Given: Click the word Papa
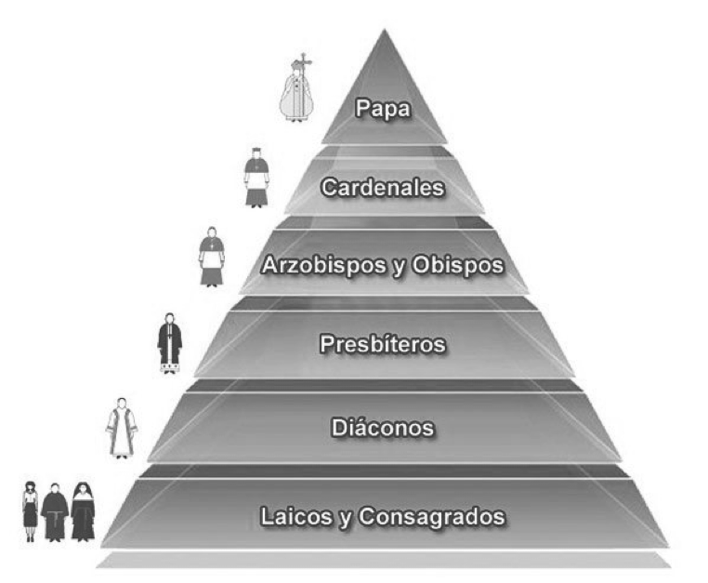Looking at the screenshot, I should [x=384, y=108].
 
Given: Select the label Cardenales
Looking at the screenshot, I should [x=383, y=187].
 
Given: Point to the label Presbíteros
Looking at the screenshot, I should [x=383, y=345].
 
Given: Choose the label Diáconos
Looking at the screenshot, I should [x=383, y=429].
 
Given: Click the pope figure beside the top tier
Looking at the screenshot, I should [x=296, y=93].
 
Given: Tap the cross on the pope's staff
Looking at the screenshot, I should [x=299, y=61].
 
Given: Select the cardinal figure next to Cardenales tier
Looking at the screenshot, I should [x=256, y=178].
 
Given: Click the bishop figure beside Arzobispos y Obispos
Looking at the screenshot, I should [x=212, y=258].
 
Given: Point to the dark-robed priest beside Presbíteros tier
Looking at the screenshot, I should [x=169, y=343].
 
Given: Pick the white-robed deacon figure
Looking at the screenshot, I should [x=122, y=429].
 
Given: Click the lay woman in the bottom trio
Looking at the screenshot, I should [x=31, y=510].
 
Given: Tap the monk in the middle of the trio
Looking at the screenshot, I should [x=55, y=512].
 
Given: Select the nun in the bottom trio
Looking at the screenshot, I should [x=83, y=511].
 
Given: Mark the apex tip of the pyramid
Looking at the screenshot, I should [x=383, y=31].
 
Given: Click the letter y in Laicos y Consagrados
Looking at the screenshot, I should [x=344, y=517].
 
